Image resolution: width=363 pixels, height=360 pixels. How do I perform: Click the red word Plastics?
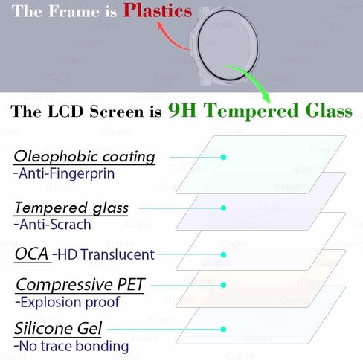click(158, 10)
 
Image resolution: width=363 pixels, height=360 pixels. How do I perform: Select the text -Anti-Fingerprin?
click(64, 173)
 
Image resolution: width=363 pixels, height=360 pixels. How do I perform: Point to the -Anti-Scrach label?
click(52, 225)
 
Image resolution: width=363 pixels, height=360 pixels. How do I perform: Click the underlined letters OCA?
click(31, 254)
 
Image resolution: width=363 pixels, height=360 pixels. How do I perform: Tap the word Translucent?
click(118, 254)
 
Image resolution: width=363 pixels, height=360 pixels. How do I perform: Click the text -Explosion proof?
click(68, 302)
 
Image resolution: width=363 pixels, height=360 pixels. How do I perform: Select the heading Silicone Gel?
click(58, 328)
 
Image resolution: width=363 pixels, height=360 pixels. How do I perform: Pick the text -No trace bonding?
click(71, 346)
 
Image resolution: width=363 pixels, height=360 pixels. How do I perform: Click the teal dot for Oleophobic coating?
click(223, 157)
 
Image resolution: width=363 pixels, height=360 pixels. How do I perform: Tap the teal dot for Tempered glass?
click(223, 208)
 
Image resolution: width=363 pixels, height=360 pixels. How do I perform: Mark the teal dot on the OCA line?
click(223, 254)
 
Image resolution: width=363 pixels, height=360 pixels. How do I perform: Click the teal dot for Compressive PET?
click(223, 285)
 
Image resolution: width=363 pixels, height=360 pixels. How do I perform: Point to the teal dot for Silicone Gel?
click(223, 330)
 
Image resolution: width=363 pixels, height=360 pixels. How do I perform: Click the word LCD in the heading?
click(65, 111)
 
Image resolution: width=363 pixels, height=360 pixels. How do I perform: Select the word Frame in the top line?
click(74, 11)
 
